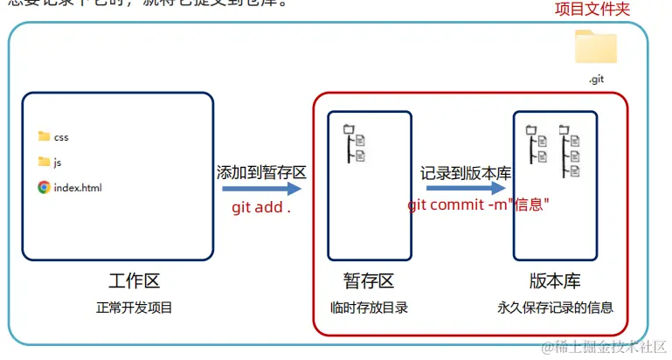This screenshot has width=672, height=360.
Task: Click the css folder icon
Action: [45, 136]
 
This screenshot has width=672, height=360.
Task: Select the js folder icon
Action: [45, 162]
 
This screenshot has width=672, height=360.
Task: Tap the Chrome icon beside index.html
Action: [45, 187]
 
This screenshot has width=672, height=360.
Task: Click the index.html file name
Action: [78, 187]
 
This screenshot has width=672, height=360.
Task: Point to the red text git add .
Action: [260, 208]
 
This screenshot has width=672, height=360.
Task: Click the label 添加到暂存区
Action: [261, 172]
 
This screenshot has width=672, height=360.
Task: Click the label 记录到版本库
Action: [465, 172]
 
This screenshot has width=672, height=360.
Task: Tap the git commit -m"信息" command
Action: [478, 204]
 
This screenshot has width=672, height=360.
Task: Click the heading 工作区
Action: [135, 280]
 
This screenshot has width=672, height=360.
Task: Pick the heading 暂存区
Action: [369, 280]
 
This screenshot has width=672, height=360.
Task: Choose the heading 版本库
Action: [555, 280]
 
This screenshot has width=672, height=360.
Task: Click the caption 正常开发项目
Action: [135, 308]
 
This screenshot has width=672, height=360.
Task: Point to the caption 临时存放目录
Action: [369, 308]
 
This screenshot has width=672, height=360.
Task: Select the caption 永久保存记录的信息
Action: [555, 308]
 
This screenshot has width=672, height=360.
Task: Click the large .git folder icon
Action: [596, 48]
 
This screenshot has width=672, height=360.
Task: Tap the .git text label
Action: [596, 79]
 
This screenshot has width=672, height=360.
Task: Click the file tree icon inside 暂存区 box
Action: [354, 144]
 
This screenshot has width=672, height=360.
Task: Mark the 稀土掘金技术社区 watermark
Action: [604, 347]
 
